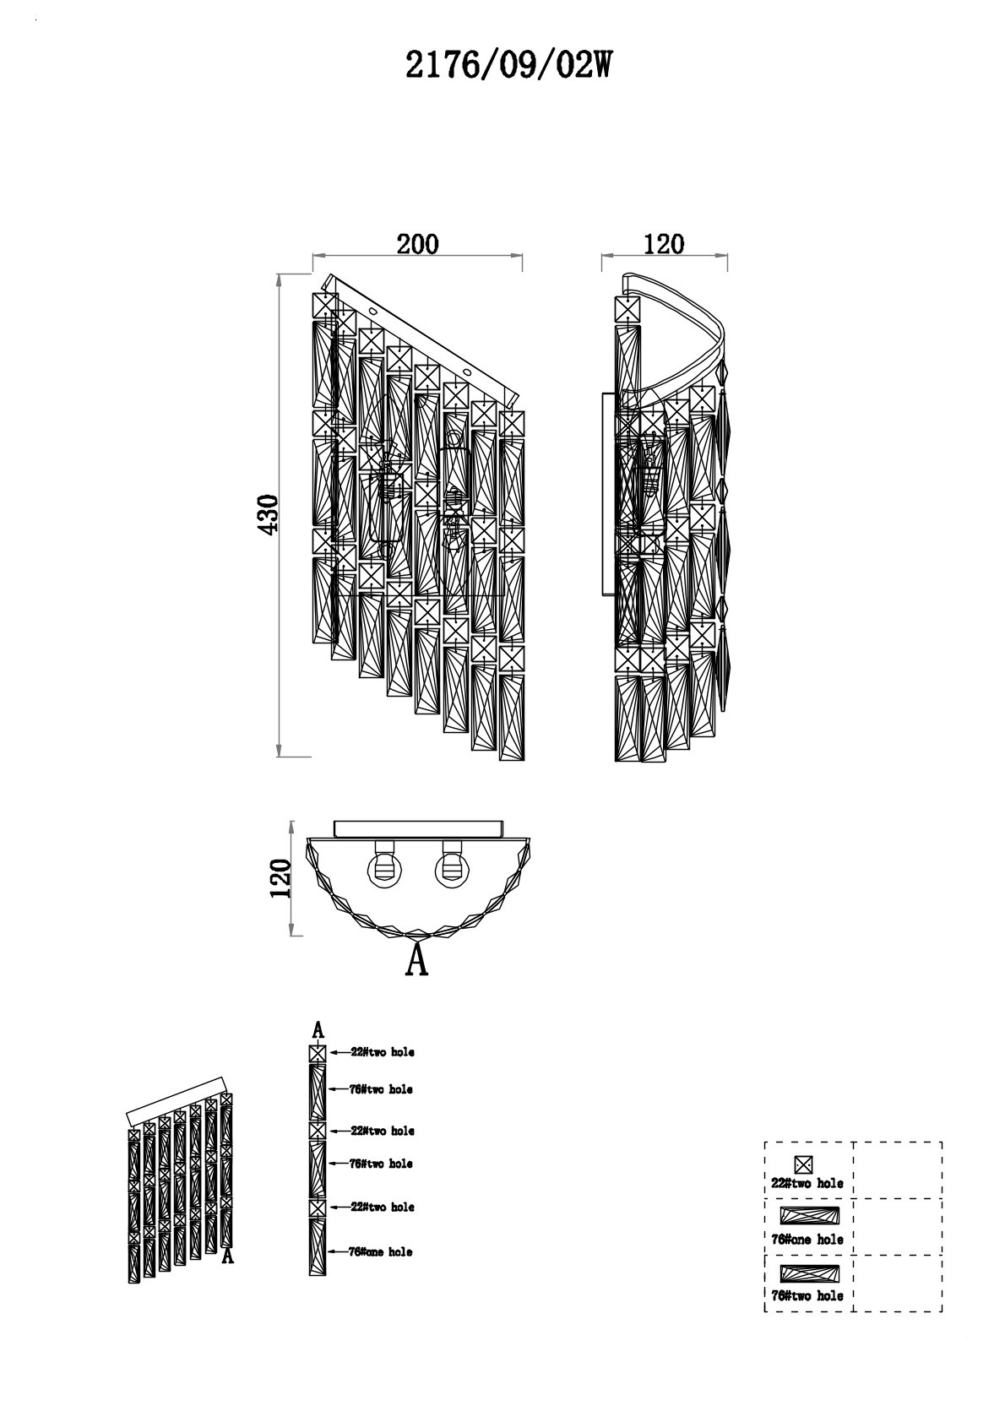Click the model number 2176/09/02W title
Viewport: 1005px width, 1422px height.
(507, 65)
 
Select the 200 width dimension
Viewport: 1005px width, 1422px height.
(418, 243)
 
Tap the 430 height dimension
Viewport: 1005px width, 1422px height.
(268, 513)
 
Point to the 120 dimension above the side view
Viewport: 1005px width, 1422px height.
(663, 243)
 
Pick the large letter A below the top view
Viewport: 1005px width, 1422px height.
(417, 960)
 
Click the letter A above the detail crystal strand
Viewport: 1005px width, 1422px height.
(318, 1029)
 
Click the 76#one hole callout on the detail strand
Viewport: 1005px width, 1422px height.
(381, 1251)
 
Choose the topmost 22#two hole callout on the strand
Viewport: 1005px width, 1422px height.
(383, 1052)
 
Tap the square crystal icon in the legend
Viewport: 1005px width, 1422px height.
(804, 1164)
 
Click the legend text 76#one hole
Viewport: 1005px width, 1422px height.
(807, 1240)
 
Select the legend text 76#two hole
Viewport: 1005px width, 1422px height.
(807, 1295)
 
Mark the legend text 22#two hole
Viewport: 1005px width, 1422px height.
(807, 1183)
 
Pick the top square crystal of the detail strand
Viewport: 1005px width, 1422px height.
(318, 1053)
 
